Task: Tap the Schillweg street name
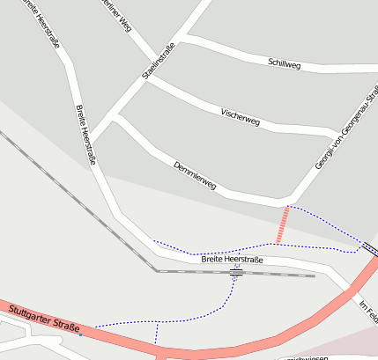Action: coord(284,62)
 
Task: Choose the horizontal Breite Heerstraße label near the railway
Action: coord(232,260)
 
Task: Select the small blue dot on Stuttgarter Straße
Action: coord(80,334)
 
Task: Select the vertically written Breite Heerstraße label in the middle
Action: coord(85,135)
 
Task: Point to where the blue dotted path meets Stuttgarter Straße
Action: coord(156,342)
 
